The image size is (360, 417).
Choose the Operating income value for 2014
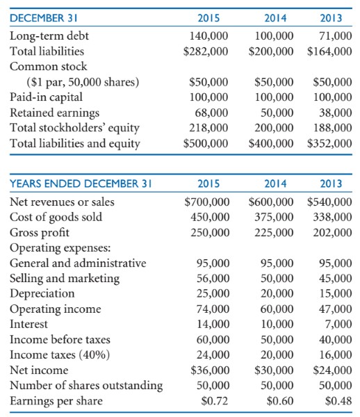point(277,309)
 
